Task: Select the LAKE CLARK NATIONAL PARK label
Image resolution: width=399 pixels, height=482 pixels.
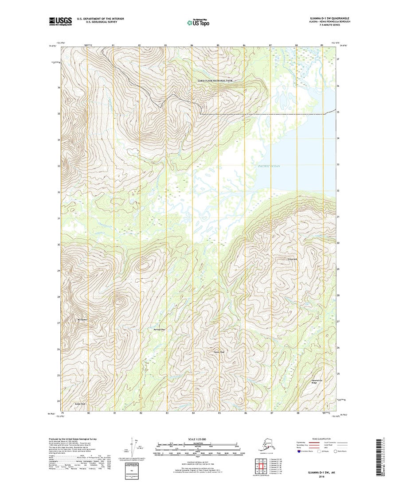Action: click(x=215, y=81)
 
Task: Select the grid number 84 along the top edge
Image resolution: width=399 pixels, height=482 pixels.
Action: click(x=192, y=46)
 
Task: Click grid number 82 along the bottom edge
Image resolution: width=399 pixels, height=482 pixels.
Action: click(x=141, y=413)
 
